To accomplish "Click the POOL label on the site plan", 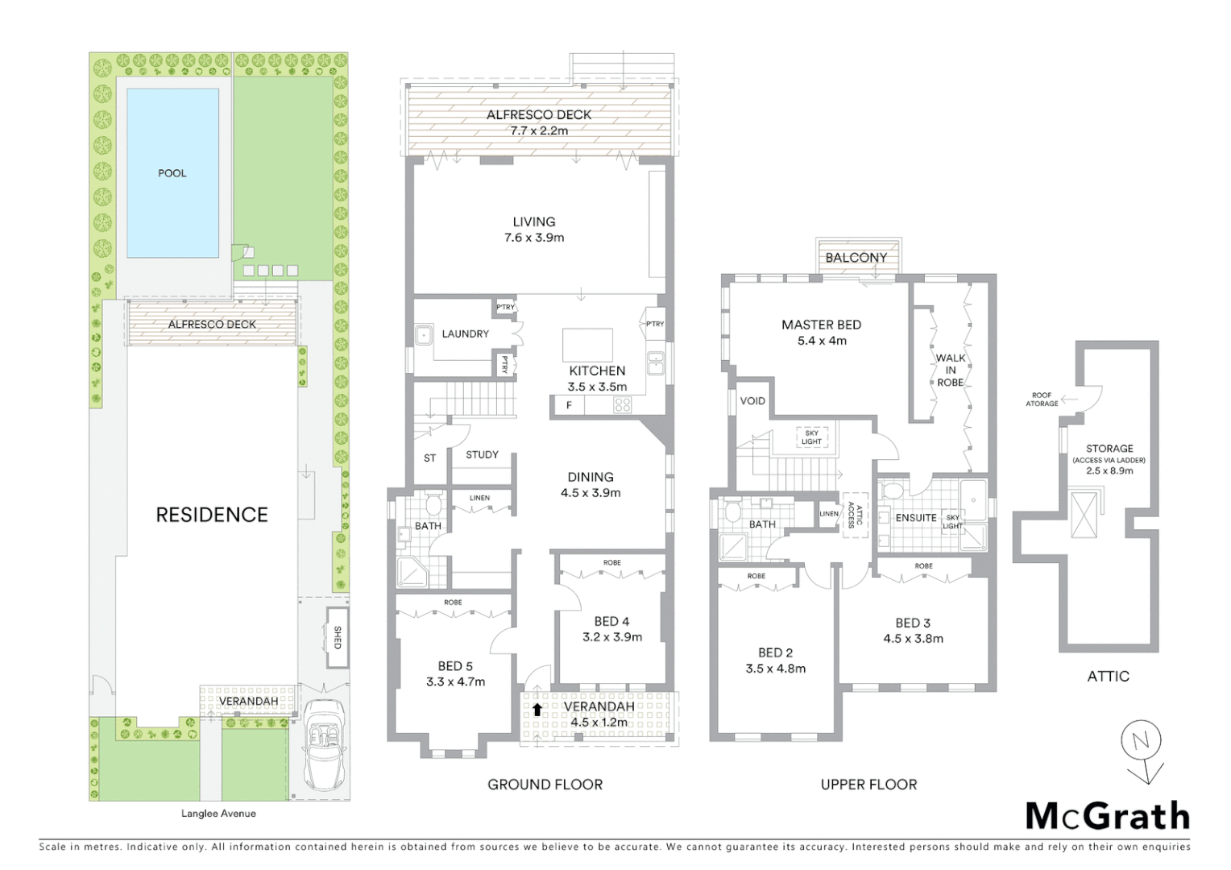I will point(172,173).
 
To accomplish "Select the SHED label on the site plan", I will point(338,638).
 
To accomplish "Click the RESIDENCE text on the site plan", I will point(211,515).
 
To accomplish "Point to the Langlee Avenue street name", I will point(218,814).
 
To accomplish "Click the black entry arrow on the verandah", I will point(537,710).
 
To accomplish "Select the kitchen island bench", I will point(586,345).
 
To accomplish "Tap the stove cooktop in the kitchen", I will point(623,406).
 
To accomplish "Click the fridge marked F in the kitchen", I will point(569,406).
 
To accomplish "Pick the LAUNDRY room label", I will point(465,333).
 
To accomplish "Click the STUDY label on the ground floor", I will point(482,455).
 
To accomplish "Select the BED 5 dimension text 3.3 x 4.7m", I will point(455,681).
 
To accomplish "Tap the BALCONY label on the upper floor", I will point(856,258).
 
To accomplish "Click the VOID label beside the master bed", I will point(752,401).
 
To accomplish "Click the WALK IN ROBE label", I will point(951,370).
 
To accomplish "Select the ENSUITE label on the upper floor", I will point(916,518).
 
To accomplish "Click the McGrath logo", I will point(1107,816).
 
